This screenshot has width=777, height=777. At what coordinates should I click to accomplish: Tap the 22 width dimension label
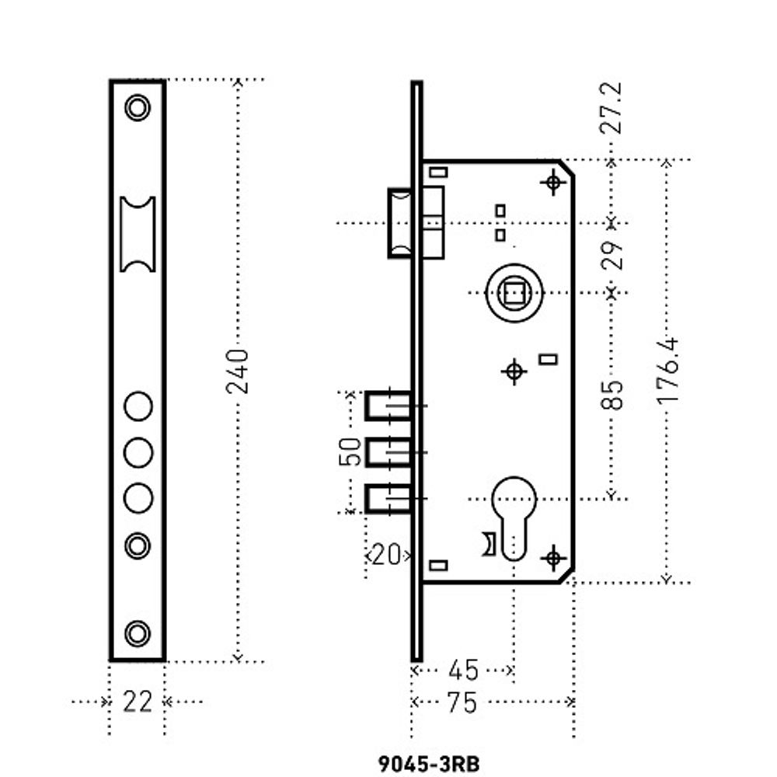coord(138,702)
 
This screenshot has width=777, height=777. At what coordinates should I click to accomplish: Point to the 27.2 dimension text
coord(613,109)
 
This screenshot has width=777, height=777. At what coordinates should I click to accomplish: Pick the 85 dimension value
coord(613,395)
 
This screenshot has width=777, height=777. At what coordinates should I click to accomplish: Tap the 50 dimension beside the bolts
coord(352,451)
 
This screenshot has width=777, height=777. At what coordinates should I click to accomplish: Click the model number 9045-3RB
coord(429,763)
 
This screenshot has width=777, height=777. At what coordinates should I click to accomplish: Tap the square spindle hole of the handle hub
coord(514,293)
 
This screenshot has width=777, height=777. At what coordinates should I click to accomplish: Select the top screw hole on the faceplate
coord(138,107)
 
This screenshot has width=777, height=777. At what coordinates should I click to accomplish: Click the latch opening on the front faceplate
coord(138,234)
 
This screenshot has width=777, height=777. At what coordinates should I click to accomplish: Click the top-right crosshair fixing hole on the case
coord(553,183)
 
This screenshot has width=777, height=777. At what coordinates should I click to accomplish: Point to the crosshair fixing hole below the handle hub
coord(514,371)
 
